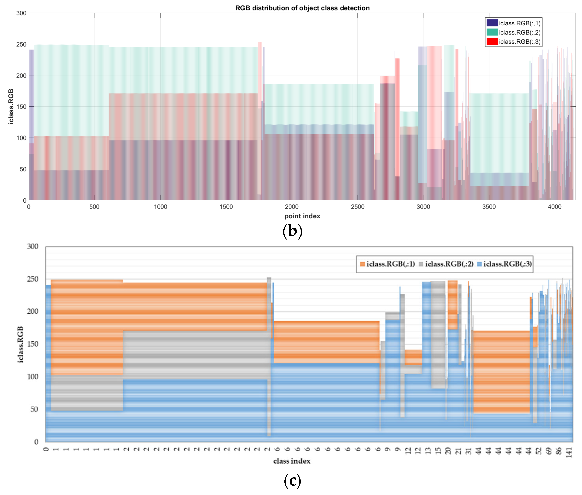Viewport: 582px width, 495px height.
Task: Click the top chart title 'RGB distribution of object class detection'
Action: [x=302, y=8]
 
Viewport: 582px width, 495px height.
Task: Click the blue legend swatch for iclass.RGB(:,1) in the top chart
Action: [x=492, y=23]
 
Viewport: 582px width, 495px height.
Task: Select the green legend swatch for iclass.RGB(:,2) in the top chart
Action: [x=492, y=32]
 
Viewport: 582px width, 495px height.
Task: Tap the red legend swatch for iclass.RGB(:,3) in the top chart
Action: [x=492, y=41]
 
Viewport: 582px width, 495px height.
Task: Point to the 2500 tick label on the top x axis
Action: [x=357, y=207]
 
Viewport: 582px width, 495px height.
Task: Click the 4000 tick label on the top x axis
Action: [x=554, y=207]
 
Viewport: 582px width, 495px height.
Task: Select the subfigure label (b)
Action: [x=292, y=231]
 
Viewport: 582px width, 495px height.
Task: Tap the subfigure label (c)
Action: [x=292, y=480]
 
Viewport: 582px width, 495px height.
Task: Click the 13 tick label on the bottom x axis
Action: [x=428, y=451]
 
